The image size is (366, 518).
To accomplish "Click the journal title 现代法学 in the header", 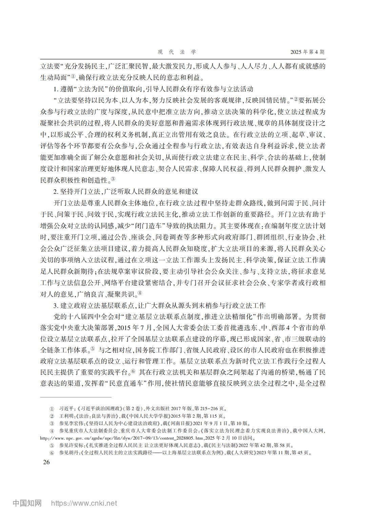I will tap(177, 52).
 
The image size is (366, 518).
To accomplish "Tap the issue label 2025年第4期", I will tap(307, 52).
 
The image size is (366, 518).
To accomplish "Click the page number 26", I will tap(46, 462).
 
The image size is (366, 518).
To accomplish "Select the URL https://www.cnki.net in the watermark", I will tap(84, 503).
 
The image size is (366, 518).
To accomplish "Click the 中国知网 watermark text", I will tap(27, 503).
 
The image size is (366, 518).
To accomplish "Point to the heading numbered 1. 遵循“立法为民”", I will tap(153, 89).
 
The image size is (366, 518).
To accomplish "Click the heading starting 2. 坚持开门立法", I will tap(126, 191).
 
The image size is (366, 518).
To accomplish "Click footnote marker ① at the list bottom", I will tap(52, 409).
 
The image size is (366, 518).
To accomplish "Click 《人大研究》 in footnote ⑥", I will tap(246, 453).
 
